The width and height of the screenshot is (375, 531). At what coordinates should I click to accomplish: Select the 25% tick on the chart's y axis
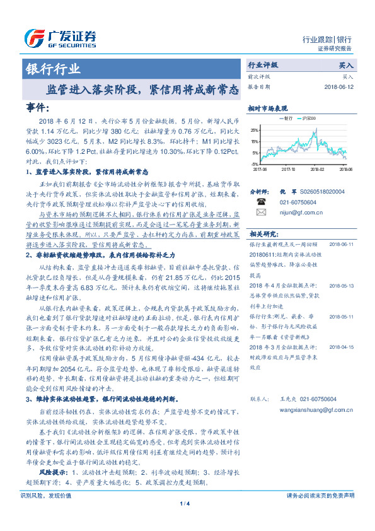pyautogui.click(x=253, y=129)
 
